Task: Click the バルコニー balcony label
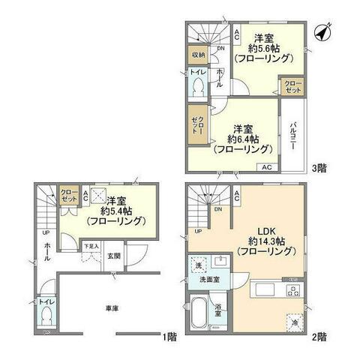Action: tap(296, 134)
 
